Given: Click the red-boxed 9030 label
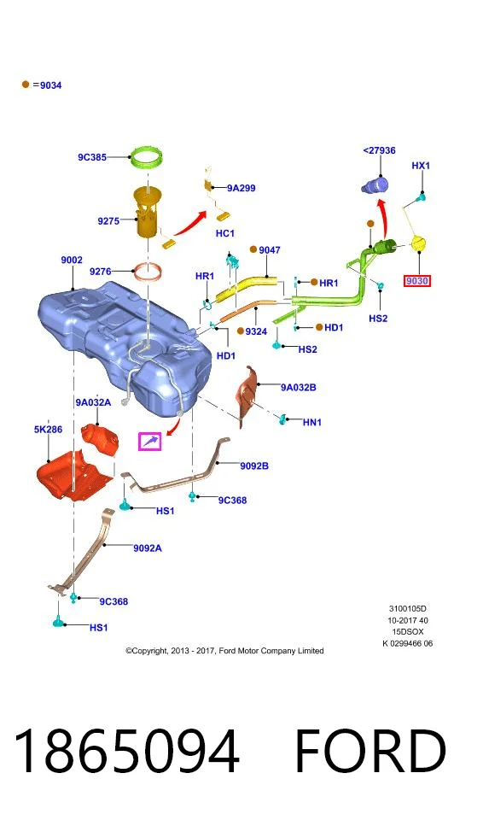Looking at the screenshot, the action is pos(417,281).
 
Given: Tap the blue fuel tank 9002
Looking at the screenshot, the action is pos(125,346).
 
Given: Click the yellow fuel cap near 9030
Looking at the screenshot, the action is pos(419,243).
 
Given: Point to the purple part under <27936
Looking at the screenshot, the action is pos(375,185).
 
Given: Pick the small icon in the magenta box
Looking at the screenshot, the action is pos(150,442).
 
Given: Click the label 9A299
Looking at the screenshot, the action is pos(241,188).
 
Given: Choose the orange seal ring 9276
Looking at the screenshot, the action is pos(148,272).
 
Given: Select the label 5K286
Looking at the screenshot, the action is pos(48,430).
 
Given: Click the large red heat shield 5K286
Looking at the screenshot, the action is pos(75,475).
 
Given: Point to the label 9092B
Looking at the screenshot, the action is pos(254,466).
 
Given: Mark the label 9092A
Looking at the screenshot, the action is pos(148,548).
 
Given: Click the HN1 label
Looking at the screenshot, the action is pos(312,421).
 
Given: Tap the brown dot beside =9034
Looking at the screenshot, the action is pos(25,85).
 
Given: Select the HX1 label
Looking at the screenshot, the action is pos(420,165).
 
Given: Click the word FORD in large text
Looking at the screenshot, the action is pos(370,751).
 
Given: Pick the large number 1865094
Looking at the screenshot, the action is pos(126,751).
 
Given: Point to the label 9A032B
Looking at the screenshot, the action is pos(298,388).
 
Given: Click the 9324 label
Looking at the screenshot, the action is pos(256,331).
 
